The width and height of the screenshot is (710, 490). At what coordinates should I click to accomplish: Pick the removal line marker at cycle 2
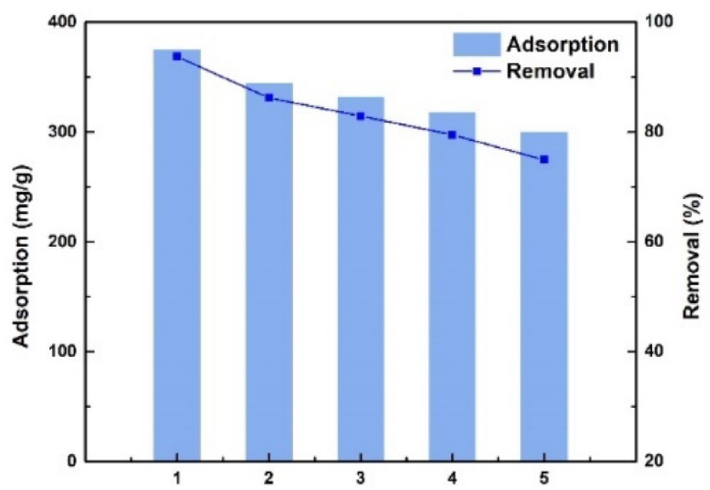268,98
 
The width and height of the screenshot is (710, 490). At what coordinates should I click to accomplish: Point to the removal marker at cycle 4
452,134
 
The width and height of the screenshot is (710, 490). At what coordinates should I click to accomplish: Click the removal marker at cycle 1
177,56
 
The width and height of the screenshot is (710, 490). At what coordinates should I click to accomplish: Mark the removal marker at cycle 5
543,160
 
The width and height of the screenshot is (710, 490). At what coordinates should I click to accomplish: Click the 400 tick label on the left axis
62,22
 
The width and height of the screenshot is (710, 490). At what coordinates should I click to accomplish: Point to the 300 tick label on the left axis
62,132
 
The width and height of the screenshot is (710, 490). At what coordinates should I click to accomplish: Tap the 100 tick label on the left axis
62,351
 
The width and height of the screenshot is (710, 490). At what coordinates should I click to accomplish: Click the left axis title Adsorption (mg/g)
24,241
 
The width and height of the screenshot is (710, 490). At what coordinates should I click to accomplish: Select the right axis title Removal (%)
690,256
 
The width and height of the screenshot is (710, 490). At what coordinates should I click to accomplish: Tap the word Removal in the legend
550,71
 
